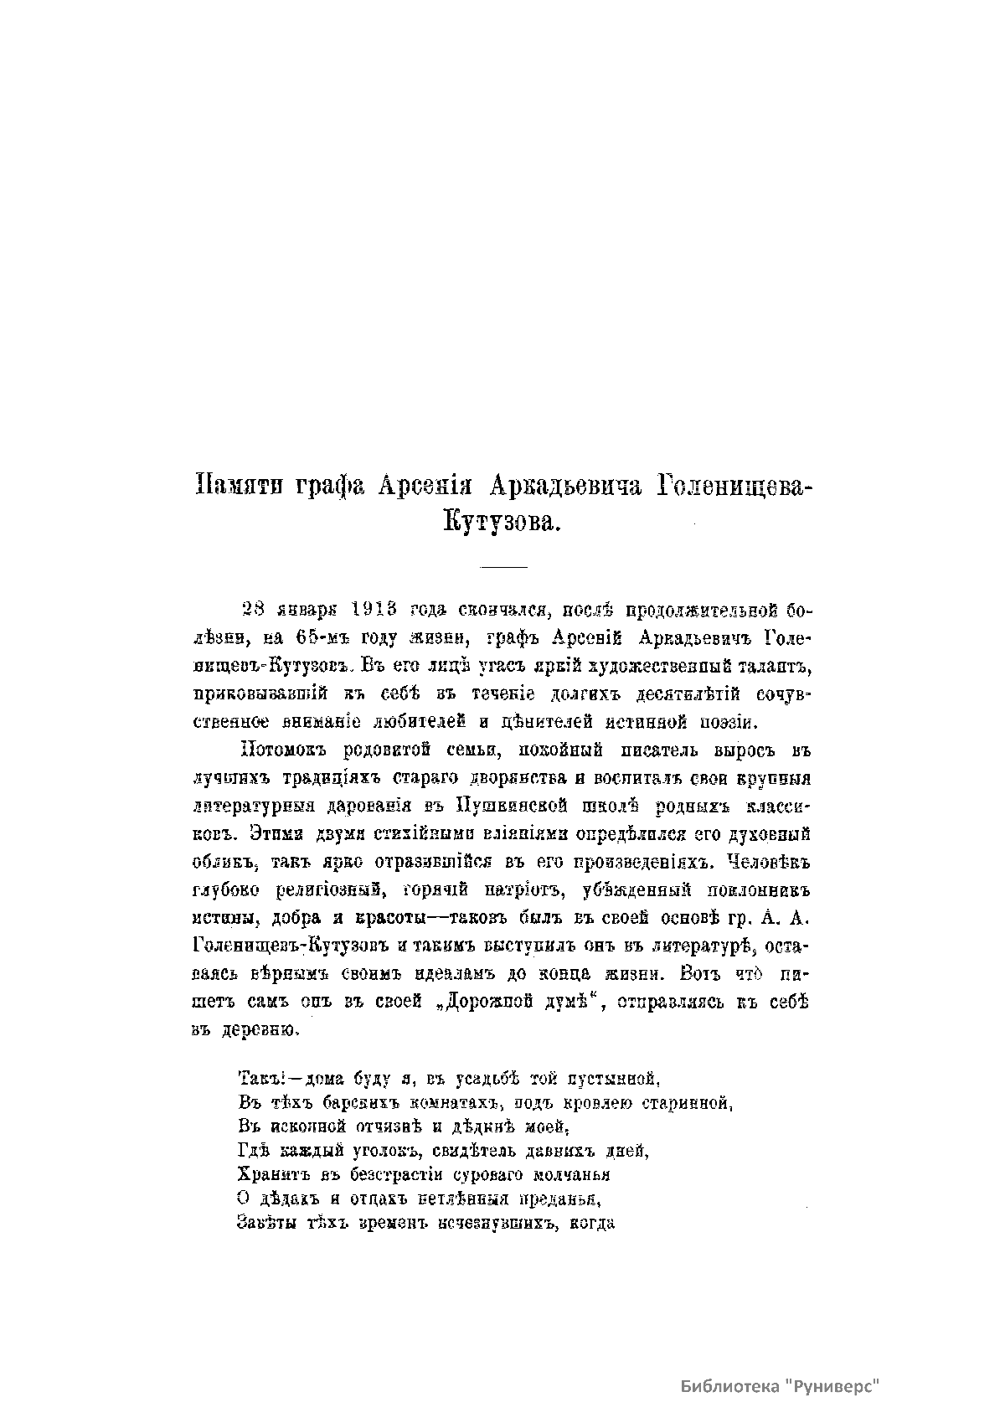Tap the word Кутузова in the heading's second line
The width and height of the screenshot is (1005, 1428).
pyautogui.click(x=501, y=523)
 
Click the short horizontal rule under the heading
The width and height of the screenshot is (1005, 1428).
pyautogui.click(x=502, y=568)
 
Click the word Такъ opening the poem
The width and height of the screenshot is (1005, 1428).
pyautogui.click(x=251, y=1076)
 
